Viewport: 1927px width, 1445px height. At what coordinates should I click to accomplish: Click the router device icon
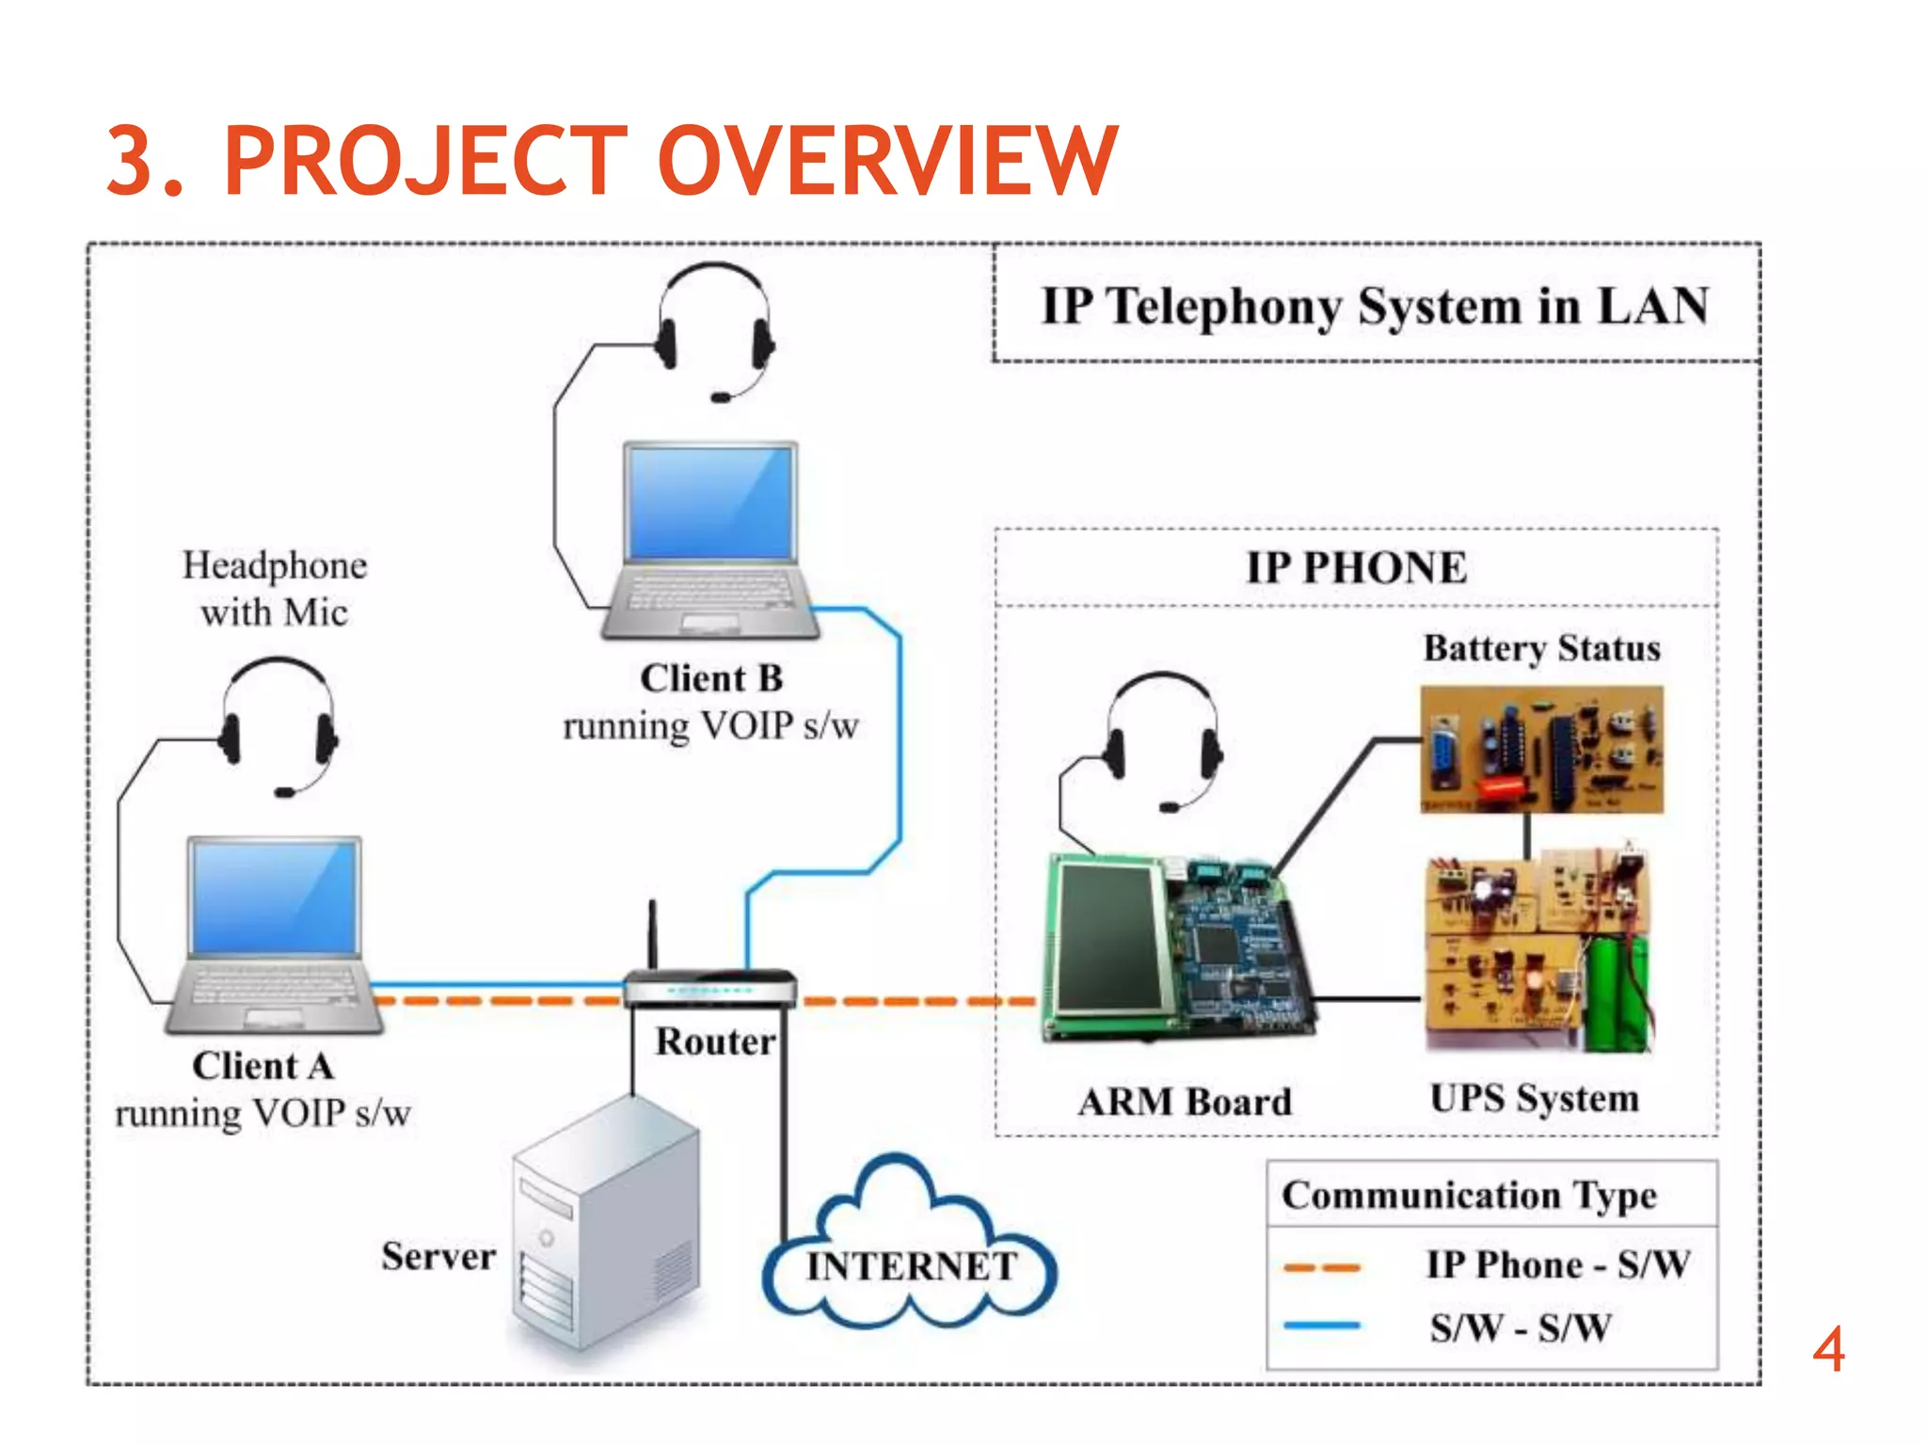(710, 988)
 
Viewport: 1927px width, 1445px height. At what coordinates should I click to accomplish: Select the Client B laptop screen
(710, 503)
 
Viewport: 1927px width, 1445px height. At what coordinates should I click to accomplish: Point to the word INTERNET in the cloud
(911, 1266)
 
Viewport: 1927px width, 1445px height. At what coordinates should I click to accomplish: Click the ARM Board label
(1185, 1102)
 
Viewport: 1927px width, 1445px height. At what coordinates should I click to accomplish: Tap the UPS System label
(1534, 1098)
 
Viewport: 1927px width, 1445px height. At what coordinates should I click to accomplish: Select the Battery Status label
(1541, 648)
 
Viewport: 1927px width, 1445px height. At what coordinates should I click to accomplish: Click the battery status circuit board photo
(1541, 749)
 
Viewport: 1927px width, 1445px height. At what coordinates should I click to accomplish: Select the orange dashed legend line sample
(1322, 1267)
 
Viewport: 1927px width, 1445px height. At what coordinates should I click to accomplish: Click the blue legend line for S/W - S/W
(1322, 1326)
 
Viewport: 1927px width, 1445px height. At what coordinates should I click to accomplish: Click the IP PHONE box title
(1356, 567)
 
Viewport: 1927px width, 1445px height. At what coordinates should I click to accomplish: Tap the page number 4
(1828, 1350)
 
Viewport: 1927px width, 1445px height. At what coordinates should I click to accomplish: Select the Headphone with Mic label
(274, 588)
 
